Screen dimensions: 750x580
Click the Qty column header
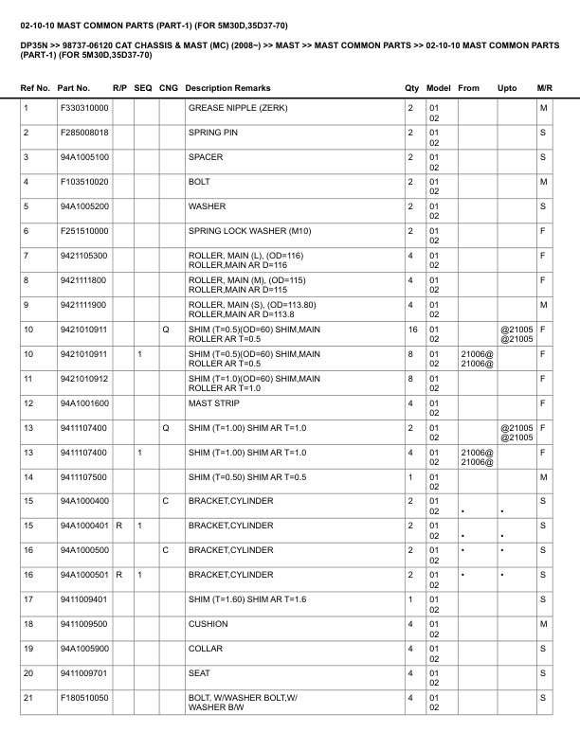coord(411,88)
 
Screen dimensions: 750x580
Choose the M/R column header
coord(544,88)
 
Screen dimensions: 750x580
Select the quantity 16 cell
coord(412,330)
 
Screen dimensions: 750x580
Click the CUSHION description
coord(208,624)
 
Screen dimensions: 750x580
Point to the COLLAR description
coord(206,649)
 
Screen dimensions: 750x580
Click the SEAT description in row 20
coord(200,673)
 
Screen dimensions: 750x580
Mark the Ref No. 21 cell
coord(28,698)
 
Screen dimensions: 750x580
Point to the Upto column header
coord(507,88)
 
